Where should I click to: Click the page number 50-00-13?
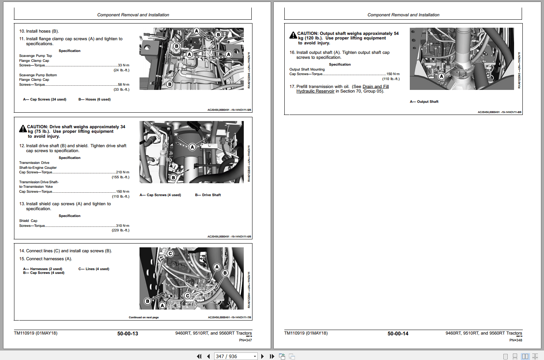coord(127,334)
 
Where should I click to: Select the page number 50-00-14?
coord(398,334)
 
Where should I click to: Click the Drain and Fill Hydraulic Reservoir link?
coord(342,89)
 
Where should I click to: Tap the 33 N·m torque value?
coord(123,65)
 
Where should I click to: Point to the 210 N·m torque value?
coord(122,172)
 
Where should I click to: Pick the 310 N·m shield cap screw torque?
coord(122,226)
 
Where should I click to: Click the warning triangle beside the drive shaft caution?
coord(23,129)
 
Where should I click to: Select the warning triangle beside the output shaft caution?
coord(293,35)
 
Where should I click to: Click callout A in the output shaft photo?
coord(441,76)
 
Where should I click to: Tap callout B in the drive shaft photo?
coord(173,177)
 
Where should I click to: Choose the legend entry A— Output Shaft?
coord(424,102)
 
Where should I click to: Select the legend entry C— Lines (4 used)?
coord(94,269)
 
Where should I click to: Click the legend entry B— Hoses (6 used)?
coord(94,99)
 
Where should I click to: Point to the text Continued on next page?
coord(144,318)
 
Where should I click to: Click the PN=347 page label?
coord(245,340)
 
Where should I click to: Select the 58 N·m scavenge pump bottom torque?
coord(123,85)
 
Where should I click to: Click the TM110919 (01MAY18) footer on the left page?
coord(36,333)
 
